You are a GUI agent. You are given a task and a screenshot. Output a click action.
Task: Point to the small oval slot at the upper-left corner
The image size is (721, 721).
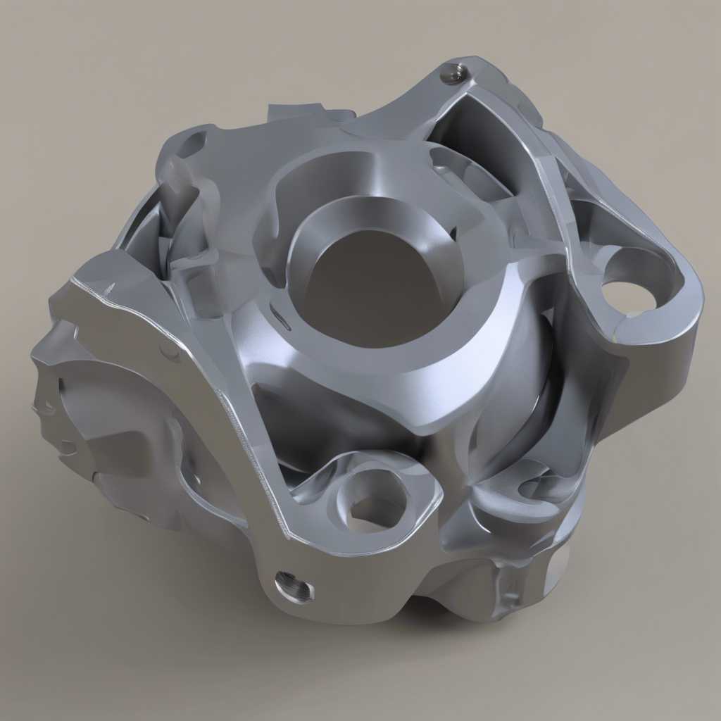click(x=192, y=144)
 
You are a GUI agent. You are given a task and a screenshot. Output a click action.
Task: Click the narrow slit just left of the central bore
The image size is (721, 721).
click(x=280, y=321)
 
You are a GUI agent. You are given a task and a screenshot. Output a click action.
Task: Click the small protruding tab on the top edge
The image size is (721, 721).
click(x=292, y=111)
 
